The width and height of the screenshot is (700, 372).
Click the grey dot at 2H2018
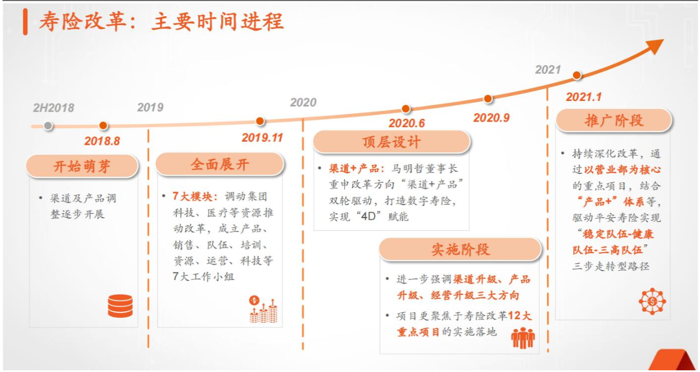tap(48, 126)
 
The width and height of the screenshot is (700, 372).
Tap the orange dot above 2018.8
tap(103, 125)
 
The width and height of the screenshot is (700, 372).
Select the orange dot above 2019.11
tap(260, 121)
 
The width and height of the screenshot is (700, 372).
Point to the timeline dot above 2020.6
tap(406, 109)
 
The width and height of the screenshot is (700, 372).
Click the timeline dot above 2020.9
tap(488, 99)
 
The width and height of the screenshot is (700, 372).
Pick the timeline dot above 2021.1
tap(577, 75)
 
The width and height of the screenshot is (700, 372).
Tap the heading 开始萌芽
tap(82, 166)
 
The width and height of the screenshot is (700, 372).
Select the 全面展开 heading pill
tap(220, 165)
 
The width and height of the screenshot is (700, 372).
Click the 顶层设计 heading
tap(391, 142)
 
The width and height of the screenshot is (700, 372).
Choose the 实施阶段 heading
tap(460, 249)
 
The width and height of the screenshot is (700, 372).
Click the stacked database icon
tap(121, 306)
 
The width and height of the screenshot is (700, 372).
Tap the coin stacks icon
tap(263, 310)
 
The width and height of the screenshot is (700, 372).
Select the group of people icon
tap(523, 338)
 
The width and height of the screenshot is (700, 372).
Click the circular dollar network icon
tap(652, 301)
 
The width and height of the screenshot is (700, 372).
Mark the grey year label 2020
tap(303, 103)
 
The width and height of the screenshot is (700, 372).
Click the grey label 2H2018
tap(54, 108)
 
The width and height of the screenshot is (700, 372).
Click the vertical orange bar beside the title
tap(25, 22)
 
